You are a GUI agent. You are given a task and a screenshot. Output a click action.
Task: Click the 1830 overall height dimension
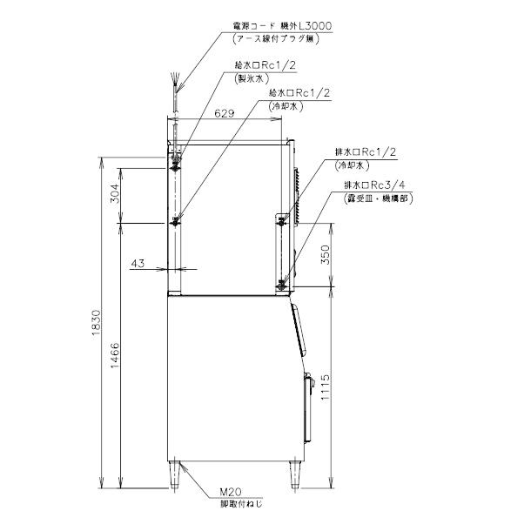pos(101,326)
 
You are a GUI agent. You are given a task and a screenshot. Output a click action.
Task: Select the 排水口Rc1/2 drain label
pos(366,150)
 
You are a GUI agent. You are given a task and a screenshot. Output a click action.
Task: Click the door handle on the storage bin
pos(306,380)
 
